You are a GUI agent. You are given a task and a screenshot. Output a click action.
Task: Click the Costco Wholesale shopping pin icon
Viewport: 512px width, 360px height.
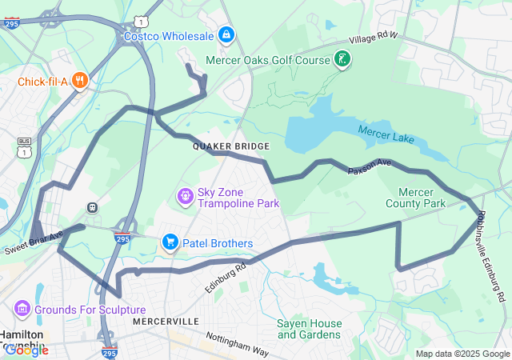(x=226, y=36)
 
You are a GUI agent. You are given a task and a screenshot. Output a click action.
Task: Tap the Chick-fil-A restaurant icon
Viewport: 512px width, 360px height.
(x=79, y=80)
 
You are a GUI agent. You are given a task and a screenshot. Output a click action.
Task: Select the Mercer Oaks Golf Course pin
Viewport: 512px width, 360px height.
(x=342, y=60)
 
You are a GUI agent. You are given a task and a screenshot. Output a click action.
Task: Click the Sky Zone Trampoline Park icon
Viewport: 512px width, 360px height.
(x=185, y=196)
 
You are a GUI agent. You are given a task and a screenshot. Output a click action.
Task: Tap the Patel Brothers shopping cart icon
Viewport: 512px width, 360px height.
(x=170, y=242)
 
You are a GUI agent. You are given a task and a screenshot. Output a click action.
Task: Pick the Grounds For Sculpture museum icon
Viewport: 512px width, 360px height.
(x=22, y=309)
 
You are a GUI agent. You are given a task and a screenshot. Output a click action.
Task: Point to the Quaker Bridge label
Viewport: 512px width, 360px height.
(x=231, y=146)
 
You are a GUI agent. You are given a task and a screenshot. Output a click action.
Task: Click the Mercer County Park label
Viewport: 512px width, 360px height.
(x=422, y=198)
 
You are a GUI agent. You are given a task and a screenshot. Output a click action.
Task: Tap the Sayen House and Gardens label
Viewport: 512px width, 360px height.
(x=310, y=329)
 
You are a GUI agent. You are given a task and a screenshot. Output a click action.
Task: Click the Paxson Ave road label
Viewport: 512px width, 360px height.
(x=369, y=167)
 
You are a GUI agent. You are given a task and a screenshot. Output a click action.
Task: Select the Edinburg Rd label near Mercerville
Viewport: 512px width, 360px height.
(x=225, y=276)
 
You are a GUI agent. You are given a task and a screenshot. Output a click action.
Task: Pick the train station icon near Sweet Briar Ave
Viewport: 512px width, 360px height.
(x=93, y=208)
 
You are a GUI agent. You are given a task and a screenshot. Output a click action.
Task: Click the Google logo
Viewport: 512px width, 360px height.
(x=26, y=350)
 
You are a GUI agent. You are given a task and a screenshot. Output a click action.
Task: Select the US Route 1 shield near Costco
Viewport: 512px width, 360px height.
(x=141, y=21)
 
